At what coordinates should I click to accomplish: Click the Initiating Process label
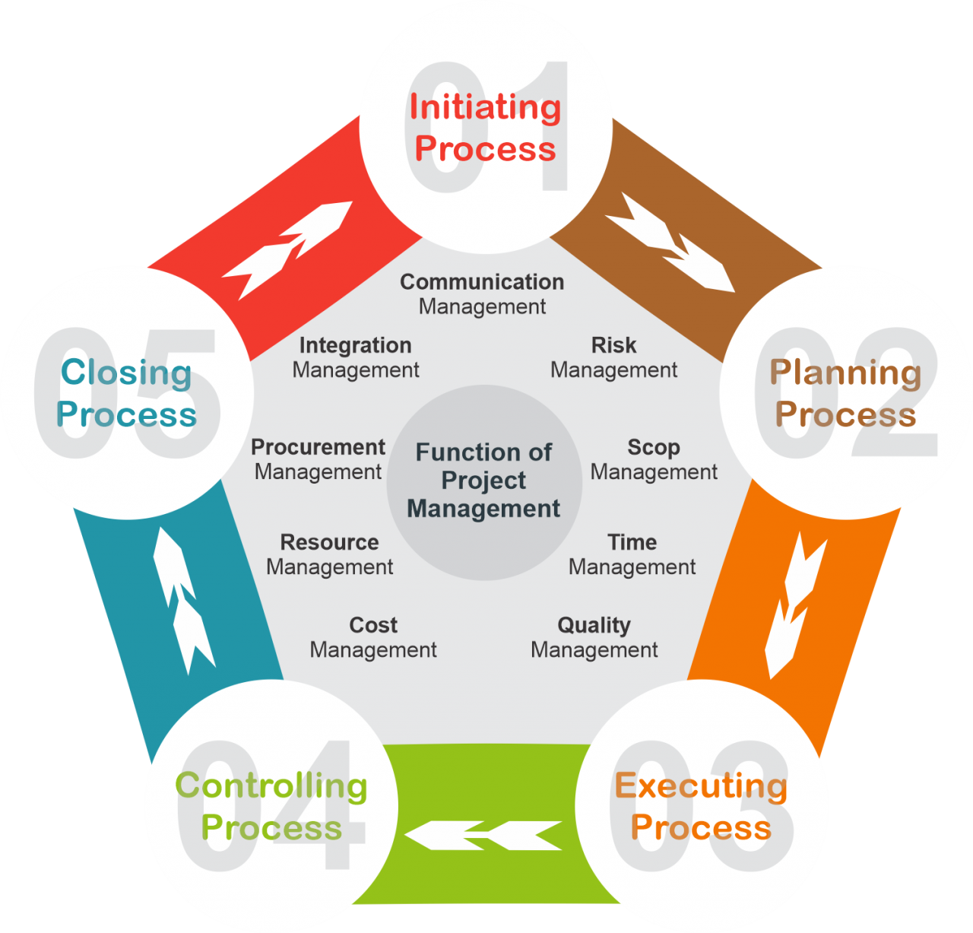pos(485,128)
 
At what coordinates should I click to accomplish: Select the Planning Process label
pos(845,393)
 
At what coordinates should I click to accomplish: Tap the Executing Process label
pos(701,806)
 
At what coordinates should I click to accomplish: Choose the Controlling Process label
pos(271,806)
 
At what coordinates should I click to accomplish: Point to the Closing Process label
pos(126,393)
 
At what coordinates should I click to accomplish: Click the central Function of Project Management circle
pos(484,481)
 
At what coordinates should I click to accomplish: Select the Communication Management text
pos(482,294)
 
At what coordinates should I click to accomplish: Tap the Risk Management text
pos(613,357)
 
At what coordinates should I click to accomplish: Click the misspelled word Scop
pos(654,448)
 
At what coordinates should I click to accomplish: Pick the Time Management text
pos(632,554)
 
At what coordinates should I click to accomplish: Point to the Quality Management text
pos(594,637)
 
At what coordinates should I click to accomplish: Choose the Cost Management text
pos(373,637)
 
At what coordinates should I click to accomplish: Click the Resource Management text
pos(329,554)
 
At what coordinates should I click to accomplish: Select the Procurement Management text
pos(318,459)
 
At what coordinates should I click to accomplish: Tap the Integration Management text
pos(355,357)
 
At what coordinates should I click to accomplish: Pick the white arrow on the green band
pos(484,835)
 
